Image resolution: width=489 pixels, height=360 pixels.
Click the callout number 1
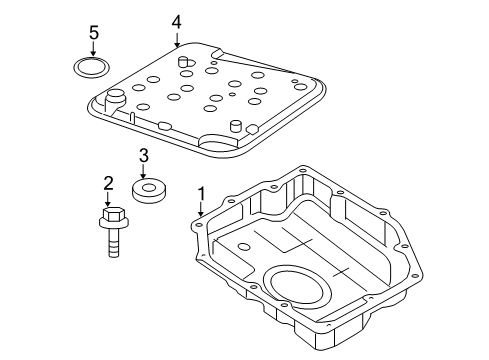pyautogui.click(x=201, y=191)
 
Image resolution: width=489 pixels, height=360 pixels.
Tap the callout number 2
pyautogui.click(x=106, y=181)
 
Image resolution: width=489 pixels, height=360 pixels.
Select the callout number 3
pyautogui.click(x=144, y=155)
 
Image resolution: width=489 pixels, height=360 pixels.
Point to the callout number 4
pyautogui.click(x=176, y=21)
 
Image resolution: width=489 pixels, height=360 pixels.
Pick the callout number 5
pyautogui.click(x=94, y=33)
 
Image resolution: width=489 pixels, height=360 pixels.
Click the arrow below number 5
pyautogui.click(x=94, y=52)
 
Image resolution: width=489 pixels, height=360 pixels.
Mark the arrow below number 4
pyautogui.click(x=176, y=40)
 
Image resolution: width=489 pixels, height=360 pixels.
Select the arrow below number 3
pyautogui.click(x=144, y=173)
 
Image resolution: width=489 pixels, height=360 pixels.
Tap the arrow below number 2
pyautogui.click(x=106, y=200)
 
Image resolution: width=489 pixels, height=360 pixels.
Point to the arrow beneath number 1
pyautogui.click(x=201, y=210)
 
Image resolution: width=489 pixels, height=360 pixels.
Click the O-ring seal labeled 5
pyautogui.click(x=94, y=69)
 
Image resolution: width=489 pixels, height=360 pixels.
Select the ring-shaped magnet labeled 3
pyautogui.click(x=150, y=190)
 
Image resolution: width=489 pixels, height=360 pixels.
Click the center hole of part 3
pyautogui.click(x=150, y=185)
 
